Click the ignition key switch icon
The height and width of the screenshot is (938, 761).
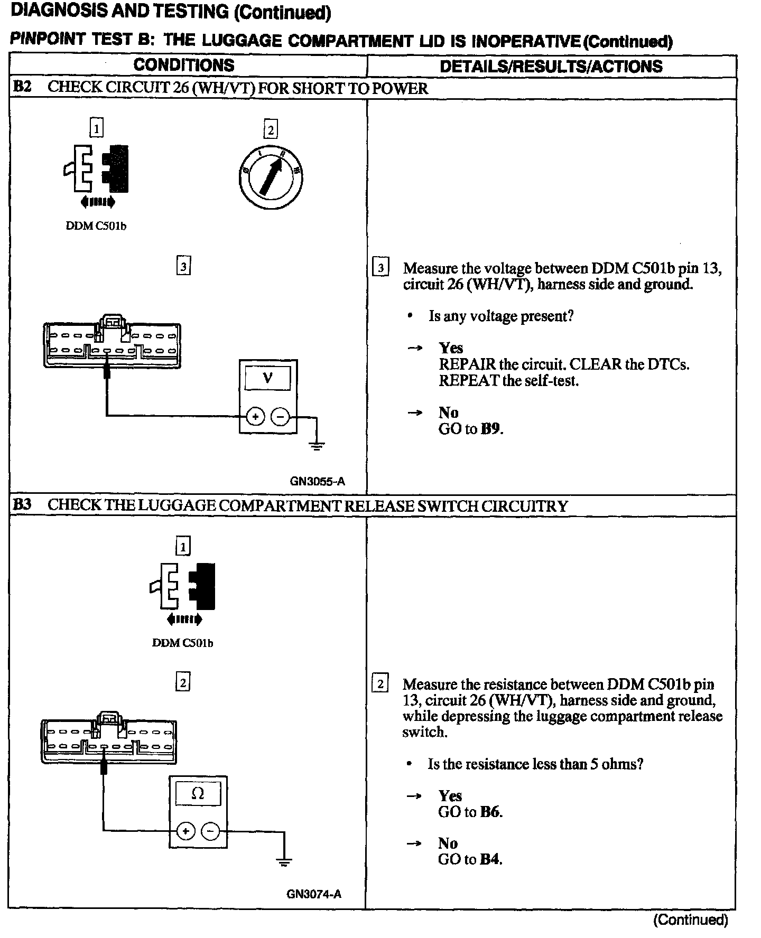[271, 174]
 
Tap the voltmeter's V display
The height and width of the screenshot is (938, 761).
[268, 378]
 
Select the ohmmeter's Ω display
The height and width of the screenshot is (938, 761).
[198, 794]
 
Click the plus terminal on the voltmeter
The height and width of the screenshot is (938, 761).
[256, 417]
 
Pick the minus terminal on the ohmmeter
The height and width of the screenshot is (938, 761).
[210, 831]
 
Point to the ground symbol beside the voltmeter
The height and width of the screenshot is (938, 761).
[317, 446]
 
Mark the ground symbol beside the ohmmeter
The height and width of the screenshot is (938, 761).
[284, 862]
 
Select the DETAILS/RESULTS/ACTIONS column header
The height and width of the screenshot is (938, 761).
[551, 66]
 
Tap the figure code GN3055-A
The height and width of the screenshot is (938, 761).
[317, 481]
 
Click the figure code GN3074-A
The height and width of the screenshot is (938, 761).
[314, 894]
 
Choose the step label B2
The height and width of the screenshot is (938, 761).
[22, 88]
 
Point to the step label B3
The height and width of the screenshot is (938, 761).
[22, 505]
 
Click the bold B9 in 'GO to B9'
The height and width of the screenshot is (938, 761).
[491, 429]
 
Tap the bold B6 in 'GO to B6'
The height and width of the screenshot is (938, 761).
[490, 812]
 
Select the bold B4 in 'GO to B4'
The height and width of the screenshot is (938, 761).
[490, 859]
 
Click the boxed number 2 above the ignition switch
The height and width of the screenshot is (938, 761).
[271, 130]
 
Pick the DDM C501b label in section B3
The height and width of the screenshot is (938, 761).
[182, 643]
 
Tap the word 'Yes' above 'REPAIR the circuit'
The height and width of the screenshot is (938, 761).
[451, 348]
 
